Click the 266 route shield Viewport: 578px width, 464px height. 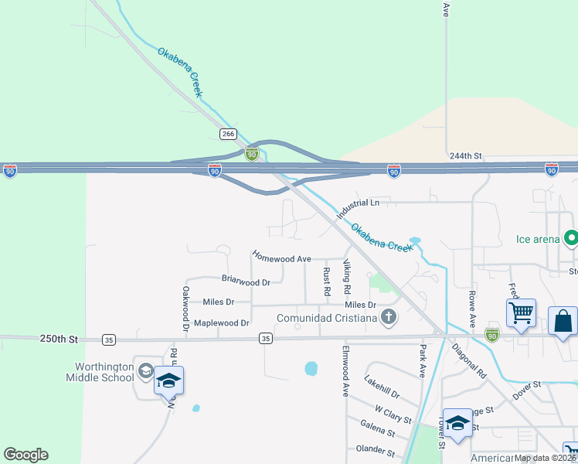click(x=227, y=134)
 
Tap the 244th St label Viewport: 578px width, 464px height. click(x=466, y=155)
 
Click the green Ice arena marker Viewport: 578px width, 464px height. click(x=572, y=239)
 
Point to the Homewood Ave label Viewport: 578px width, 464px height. click(x=281, y=258)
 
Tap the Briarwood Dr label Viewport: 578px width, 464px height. click(x=246, y=282)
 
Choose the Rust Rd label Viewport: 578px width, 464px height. click(x=327, y=282)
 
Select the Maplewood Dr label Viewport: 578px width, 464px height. click(x=221, y=322)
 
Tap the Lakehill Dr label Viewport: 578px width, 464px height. click(x=383, y=383)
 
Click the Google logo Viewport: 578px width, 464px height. click(x=25, y=455)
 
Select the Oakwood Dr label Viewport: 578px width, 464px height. click(x=185, y=309)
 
